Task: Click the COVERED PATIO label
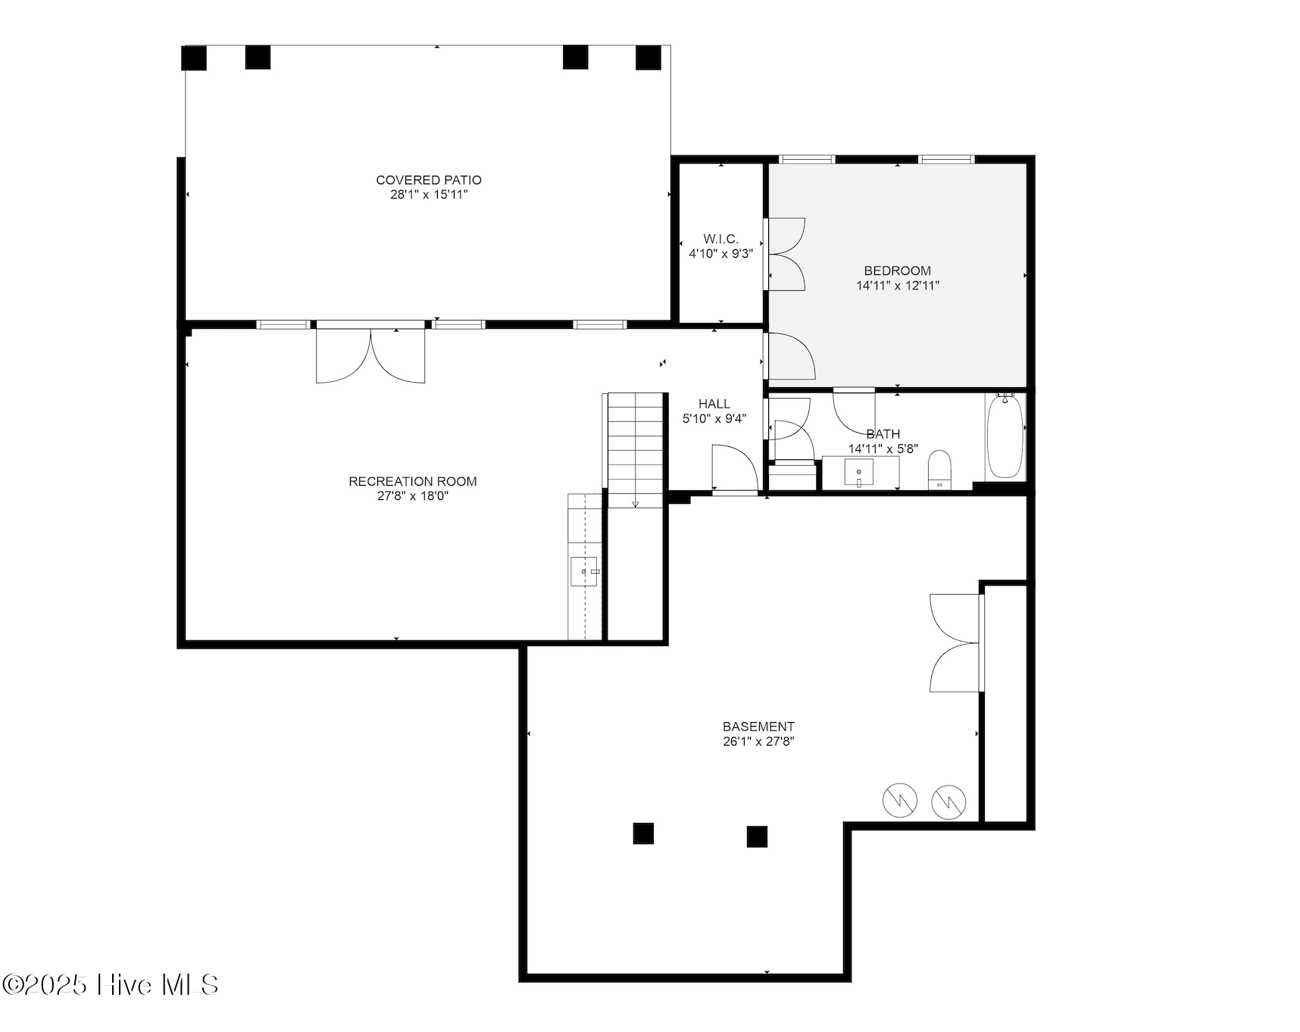point(429,180)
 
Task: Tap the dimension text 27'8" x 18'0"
point(413,496)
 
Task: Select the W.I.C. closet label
point(720,239)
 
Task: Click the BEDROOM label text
point(898,271)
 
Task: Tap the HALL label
point(714,404)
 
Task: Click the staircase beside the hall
point(636,447)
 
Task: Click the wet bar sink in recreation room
point(585,571)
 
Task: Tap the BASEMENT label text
point(758,727)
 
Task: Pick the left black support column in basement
point(643,833)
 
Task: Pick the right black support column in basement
point(757,837)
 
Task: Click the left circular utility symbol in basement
point(900,800)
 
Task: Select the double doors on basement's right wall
point(956,643)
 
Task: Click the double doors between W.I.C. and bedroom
point(786,254)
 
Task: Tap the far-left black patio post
point(195,58)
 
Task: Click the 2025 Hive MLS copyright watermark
point(111,985)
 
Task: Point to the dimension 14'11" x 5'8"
point(883,449)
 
